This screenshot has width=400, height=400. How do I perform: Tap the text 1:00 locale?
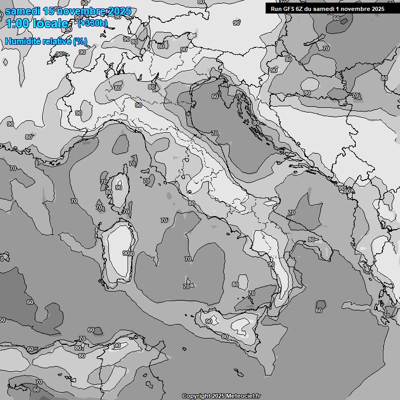[x=36, y=23]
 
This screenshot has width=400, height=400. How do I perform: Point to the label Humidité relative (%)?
[x=46, y=41]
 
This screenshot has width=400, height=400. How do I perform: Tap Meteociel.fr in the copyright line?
[x=241, y=396]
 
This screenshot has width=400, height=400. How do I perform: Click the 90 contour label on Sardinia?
[x=126, y=253]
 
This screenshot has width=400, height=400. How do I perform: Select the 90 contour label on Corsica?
[x=119, y=187]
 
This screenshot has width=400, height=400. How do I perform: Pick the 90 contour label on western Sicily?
[x=209, y=321]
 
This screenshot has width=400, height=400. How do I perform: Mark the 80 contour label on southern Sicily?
[x=225, y=337]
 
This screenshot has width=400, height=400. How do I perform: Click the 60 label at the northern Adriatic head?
[x=215, y=96]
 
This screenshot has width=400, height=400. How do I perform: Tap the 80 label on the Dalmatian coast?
[x=256, y=123]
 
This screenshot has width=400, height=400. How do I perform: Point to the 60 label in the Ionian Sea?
[x=319, y=310]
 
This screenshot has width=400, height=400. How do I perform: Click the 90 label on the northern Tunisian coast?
[x=117, y=345]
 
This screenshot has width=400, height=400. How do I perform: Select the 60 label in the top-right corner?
[x=336, y=19]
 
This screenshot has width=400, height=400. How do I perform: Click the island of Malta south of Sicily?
[x=238, y=373]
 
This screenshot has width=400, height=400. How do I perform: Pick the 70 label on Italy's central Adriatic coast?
[x=214, y=134]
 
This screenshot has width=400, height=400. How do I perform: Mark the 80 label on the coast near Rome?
[x=192, y=204]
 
